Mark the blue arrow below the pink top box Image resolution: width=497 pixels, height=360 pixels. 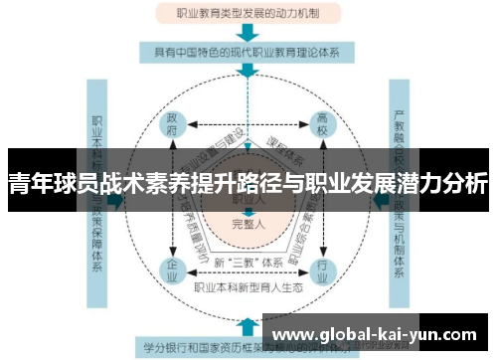coord(247,33)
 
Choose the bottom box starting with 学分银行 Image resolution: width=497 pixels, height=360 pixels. coord(199,348)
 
